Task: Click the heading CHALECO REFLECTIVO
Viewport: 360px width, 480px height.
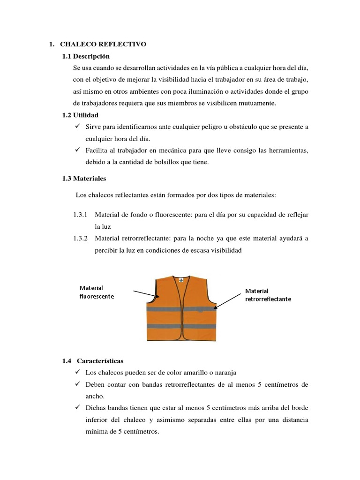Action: [103, 44]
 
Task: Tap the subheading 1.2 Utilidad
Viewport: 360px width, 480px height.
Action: [81, 115]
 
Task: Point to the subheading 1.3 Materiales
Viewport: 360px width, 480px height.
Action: [84, 178]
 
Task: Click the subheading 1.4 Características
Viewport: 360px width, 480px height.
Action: [93, 361]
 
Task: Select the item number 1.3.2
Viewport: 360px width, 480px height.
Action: [81, 239]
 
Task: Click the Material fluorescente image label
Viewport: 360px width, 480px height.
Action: [97, 292]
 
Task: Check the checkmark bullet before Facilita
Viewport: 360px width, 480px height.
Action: [77, 150]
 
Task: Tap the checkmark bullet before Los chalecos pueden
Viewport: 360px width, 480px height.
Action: [77, 373]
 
